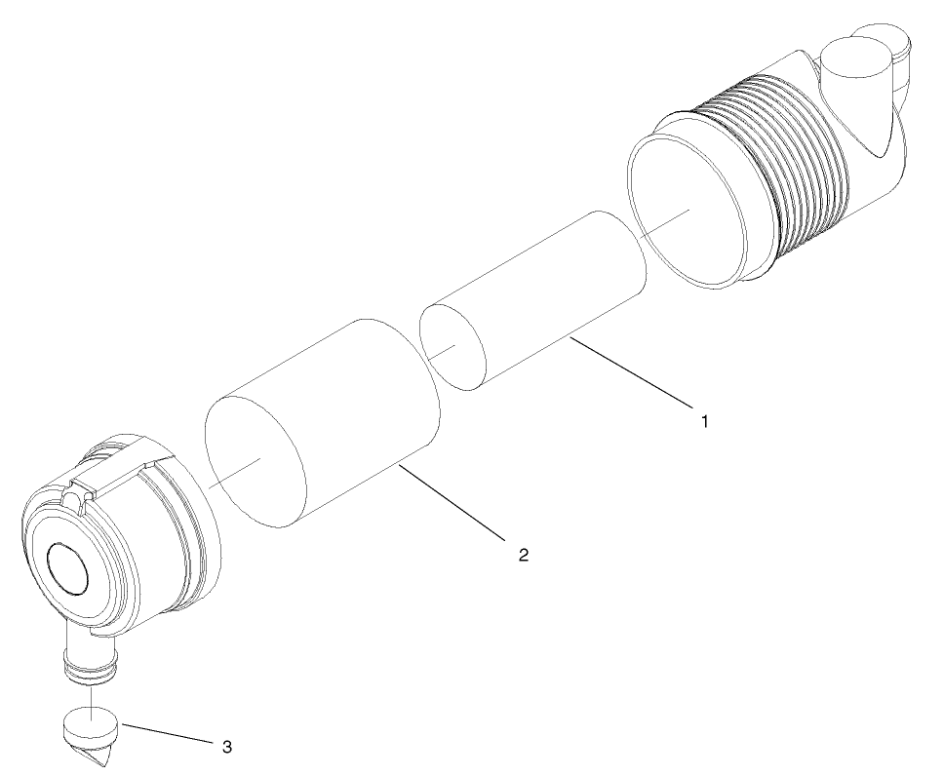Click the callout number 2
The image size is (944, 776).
click(523, 554)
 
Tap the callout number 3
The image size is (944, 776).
click(227, 747)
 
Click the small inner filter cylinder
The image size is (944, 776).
click(546, 292)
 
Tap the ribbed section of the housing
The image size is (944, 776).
click(790, 166)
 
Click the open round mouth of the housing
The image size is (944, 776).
click(688, 211)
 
